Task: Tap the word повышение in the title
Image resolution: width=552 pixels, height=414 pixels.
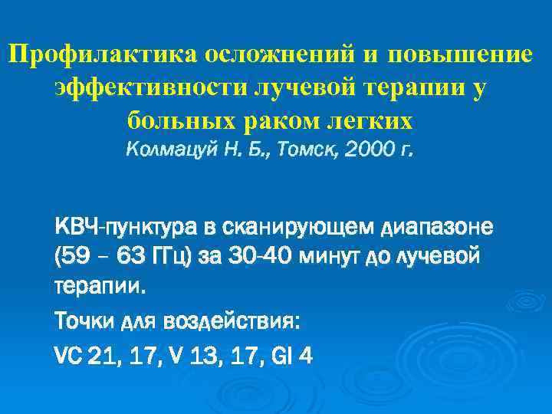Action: point(459,55)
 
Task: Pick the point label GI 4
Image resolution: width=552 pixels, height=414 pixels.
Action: point(293,355)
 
